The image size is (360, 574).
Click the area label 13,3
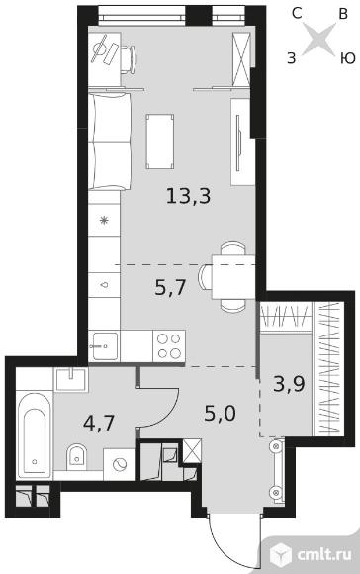click(189, 196)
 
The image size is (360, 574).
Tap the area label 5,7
click(171, 287)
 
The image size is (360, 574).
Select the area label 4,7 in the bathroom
click(99, 424)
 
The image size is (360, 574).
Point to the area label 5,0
click(220, 414)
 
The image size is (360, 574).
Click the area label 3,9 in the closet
click(289, 384)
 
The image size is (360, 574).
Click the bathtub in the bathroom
click(34, 434)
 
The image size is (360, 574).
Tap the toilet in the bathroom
click(76, 456)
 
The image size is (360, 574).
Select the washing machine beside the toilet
click(120, 464)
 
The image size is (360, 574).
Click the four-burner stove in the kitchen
click(169, 346)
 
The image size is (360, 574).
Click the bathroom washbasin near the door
click(71, 380)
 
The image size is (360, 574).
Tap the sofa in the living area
click(110, 142)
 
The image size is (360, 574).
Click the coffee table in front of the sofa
click(160, 142)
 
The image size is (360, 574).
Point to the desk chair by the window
click(128, 59)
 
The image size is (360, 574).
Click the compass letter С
click(297, 14)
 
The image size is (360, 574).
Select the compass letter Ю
click(348, 58)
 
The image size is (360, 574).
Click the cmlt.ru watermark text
click(324, 554)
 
